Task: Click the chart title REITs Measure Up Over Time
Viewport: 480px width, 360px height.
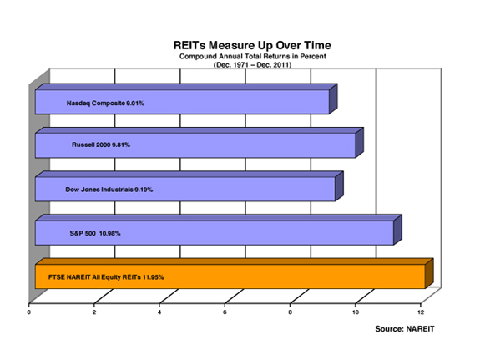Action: pos(252,45)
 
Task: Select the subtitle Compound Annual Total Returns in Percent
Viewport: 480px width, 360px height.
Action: pos(253,56)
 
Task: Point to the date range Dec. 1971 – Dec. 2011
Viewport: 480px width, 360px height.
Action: pos(253,65)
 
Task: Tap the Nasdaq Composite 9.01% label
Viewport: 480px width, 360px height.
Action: pos(105,104)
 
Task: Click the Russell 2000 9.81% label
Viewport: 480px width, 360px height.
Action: pos(101,145)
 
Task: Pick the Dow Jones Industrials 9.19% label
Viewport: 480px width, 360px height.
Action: pos(109,190)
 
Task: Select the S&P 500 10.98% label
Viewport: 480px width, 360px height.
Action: pos(95,234)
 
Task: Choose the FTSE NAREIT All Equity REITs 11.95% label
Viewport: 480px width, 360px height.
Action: pos(106,277)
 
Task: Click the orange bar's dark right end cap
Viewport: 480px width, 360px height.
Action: pos(429,274)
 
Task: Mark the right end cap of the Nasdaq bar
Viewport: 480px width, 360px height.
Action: pos(333,99)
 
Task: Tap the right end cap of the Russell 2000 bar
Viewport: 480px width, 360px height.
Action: pos(360,143)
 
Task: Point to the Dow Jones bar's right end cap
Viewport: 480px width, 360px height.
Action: pos(339,186)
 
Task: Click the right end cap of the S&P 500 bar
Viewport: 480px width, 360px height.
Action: pos(397,230)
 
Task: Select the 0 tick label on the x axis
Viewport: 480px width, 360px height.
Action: pos(28,312)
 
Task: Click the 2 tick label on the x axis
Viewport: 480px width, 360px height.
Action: pos(94,312)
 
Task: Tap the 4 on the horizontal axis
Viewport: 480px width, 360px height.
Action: pos(159,312)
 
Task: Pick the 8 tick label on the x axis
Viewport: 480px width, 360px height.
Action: pos(291,312)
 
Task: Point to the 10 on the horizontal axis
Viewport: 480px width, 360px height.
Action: pos(356,312)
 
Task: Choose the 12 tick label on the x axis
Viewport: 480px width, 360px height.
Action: pos(421,312)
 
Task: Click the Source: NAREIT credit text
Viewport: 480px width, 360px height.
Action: pos(405,329)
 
